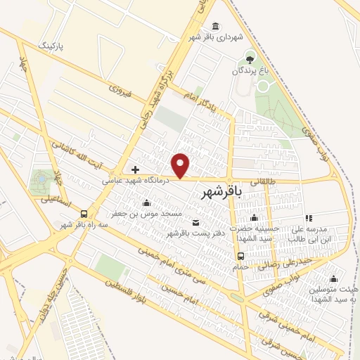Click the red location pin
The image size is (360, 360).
[181, 165]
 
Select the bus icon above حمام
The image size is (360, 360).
[240, 256]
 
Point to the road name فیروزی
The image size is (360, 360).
[122, 90]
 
